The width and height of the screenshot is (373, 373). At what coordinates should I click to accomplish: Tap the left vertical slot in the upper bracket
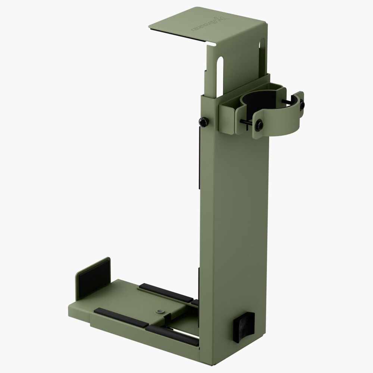220,73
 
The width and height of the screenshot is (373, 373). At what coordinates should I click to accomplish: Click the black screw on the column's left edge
203,121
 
